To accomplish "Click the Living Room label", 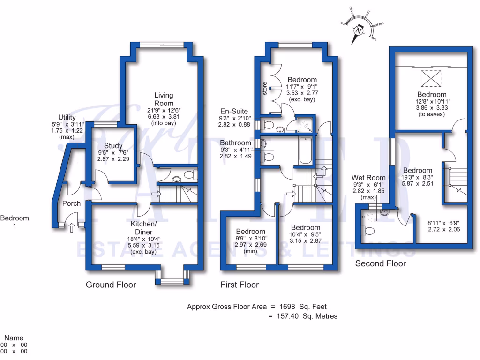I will coord(164,99).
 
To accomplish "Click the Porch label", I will coord(71,203).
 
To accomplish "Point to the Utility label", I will coord(67,117).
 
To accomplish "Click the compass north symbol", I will coord(359,30).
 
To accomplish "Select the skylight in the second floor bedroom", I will coord(431,78).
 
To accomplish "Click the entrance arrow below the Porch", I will coord(71,228).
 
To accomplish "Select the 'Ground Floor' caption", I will coord(111,285).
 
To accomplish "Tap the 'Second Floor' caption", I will coord(380,263).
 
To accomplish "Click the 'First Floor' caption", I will coord(240,285).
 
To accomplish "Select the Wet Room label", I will coord(368,178).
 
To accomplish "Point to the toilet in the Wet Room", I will coord(367,231).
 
